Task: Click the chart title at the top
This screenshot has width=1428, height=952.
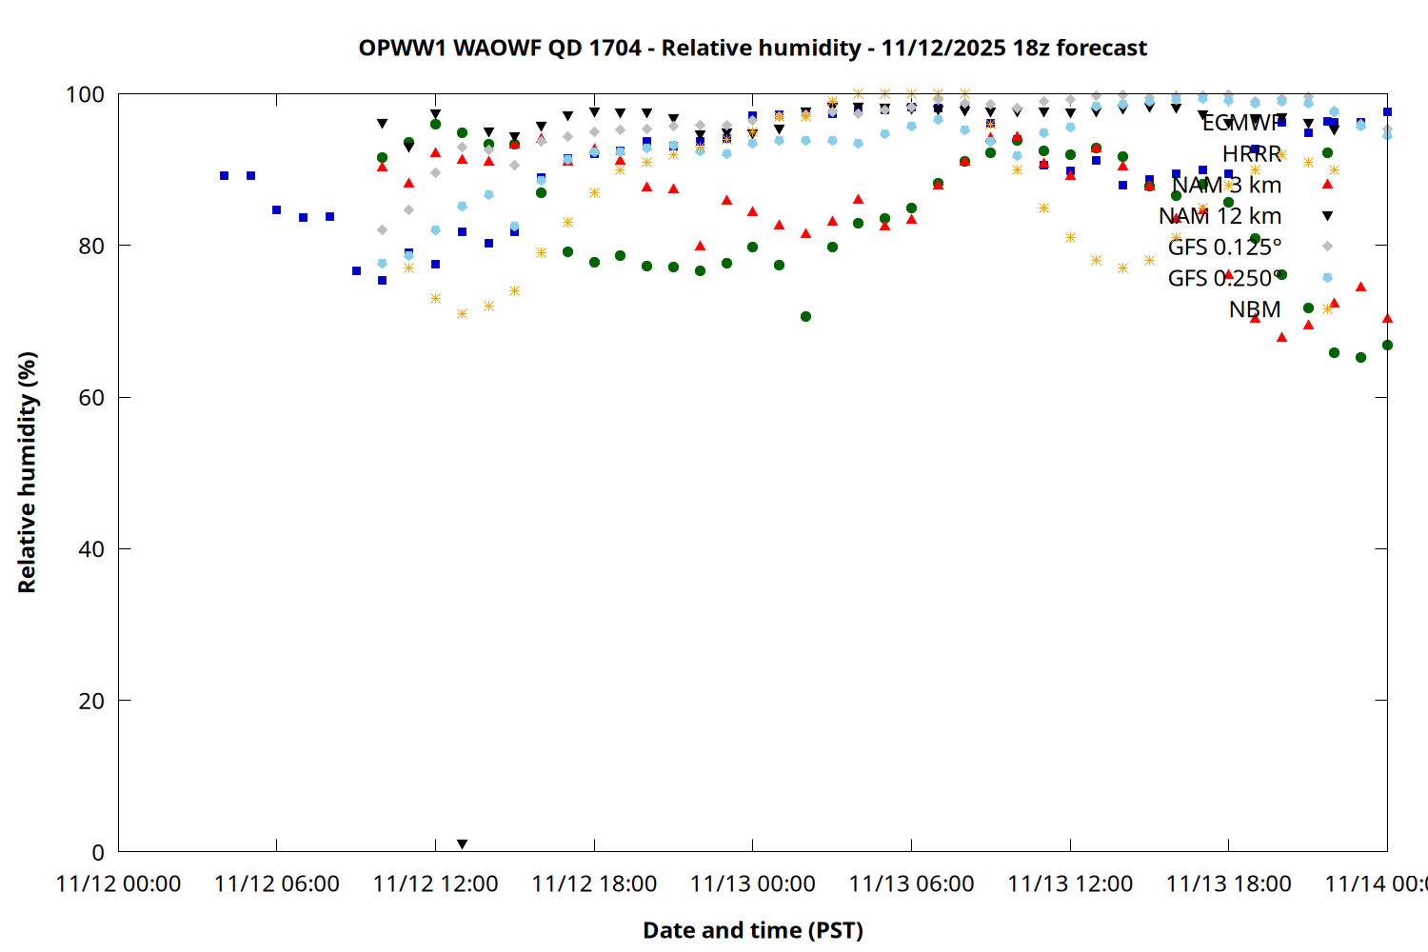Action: point(752,48)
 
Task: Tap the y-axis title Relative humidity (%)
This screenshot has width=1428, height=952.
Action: point(27,472)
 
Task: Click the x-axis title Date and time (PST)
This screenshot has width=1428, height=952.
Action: point(752,930)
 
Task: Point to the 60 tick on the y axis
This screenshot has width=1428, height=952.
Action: point(91,398)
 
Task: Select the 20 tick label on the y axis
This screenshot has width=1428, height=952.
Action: point(91,701)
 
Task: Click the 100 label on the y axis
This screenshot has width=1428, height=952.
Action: point(85,94)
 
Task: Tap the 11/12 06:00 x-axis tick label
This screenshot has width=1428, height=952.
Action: point(276,883)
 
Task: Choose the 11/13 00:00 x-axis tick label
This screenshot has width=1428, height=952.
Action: point(752,883)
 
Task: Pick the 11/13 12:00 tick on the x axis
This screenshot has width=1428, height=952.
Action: point(1070,883)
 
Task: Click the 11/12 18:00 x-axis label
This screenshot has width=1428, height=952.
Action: point(594,883)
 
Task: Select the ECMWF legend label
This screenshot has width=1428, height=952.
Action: point(1241,123)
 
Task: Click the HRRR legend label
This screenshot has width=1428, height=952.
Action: point(1252,154)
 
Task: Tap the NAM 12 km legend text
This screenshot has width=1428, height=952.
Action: point(1220,216)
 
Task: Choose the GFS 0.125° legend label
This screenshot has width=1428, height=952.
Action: point(1224,248)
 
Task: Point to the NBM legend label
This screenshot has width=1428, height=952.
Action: point(1255,309)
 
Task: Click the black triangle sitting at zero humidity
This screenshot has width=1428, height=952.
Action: point(462,844)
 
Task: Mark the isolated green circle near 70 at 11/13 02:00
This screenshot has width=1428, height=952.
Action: point(805,316)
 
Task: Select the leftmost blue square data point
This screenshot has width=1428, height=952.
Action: point(224,175)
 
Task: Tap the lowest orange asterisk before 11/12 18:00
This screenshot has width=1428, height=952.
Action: point(462,313)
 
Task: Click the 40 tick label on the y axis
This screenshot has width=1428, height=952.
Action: point(91,549)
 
